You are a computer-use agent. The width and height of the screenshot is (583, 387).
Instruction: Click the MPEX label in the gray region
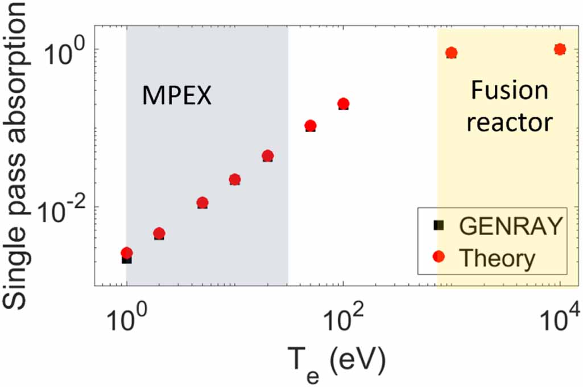[176, 96]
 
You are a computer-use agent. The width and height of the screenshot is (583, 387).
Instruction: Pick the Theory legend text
[497, 258]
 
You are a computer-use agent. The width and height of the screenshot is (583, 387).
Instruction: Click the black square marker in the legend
[438, 225]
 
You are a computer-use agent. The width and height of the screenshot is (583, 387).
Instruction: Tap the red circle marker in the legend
[438, 258]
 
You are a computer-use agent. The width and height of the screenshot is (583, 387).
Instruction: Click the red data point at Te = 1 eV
[126, 253]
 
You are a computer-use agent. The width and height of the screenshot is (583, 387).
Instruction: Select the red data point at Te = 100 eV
[343, 104]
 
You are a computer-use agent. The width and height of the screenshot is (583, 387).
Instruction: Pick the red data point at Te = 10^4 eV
[560, 49]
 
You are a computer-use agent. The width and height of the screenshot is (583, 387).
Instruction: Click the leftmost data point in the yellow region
[452, 53]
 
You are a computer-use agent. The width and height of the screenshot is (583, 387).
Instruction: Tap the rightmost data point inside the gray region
[268, 155]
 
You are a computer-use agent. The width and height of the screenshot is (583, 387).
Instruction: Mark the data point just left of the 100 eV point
[310, 126]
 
